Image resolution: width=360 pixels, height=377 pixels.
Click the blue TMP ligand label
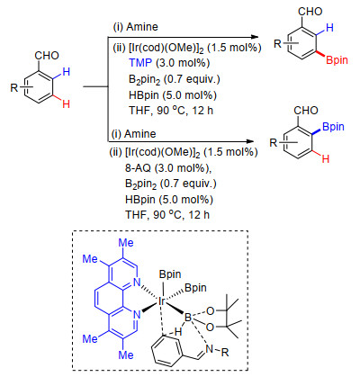coord(140,63)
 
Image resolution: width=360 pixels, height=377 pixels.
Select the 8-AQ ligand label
coord(138,168)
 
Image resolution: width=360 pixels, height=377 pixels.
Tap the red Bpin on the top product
coord(337,60)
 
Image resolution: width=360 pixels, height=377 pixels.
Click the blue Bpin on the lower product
coord(333,127)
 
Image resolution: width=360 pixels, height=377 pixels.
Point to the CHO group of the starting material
coord(47,56)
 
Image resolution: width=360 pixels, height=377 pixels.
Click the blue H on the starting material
coord(67,72)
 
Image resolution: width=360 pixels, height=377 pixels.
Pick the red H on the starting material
coord(67,104)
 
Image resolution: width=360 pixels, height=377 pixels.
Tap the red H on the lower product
coord(326,158)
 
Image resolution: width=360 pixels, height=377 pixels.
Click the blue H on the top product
coord(329,28)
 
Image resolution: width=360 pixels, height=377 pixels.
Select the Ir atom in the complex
coord(162,301)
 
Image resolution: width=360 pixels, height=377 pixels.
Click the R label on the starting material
coord(14,88)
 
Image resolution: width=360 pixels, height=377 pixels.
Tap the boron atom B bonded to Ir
coord(188,318)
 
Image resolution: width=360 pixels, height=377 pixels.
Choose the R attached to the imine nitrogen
coord(225,353)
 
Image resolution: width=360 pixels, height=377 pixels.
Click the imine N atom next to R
coord(210,348)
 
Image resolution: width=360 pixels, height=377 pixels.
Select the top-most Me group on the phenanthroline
coord(126,243)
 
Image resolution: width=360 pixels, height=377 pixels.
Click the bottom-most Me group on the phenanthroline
coord(126,355)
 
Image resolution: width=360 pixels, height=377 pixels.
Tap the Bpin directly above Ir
coord(170,274)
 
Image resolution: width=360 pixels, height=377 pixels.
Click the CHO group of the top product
coord(310,12)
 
